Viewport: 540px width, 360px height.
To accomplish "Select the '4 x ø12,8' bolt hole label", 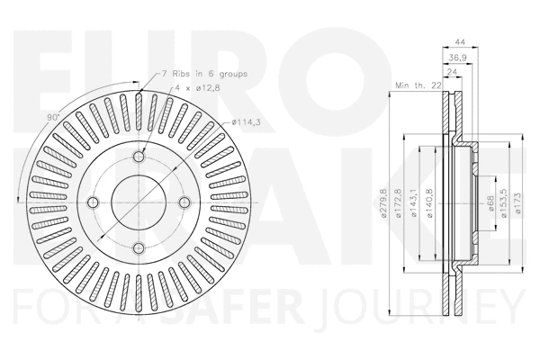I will coord(199,88).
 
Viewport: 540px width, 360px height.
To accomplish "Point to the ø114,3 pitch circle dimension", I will coord(247,122).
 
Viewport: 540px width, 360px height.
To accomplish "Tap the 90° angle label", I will coord(53,118).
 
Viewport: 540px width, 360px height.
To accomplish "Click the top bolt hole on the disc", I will coord(139,157).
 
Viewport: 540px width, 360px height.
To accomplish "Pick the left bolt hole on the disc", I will coord(96,201).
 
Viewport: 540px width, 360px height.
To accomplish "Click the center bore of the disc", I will coord(139,201).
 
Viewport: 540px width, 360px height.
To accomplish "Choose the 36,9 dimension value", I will coord(456,57).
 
